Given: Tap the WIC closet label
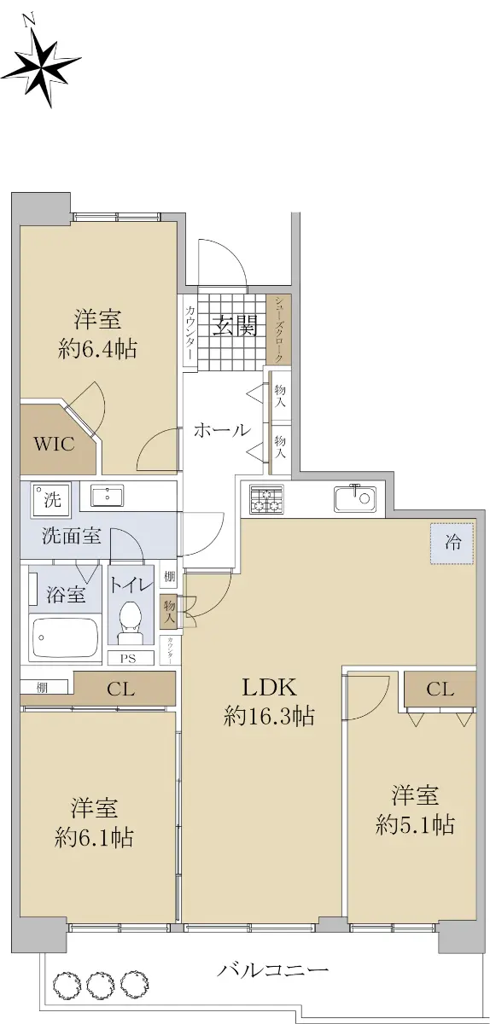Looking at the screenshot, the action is tap(54, 444).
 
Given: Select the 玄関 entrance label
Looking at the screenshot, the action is tap(235, 325).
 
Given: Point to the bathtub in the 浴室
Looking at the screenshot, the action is tap(65, 637).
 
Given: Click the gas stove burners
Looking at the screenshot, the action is tap(266, 498).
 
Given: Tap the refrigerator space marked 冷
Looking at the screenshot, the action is tap(452, 543).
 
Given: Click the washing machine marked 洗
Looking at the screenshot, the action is tap(50, 500).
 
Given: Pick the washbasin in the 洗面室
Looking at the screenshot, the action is tap(107, 496).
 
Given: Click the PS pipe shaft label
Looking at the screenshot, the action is tap(128, 659).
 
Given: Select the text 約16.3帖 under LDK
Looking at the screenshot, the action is tap(269, 716).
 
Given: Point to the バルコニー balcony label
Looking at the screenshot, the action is tap(272, 956).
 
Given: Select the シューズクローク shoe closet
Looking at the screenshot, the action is tap(279, 329).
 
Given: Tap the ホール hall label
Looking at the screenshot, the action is tap(222, 430).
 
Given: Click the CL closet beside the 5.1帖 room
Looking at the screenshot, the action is tap(440, 689).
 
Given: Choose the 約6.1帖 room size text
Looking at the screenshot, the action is tap(94, 838).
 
